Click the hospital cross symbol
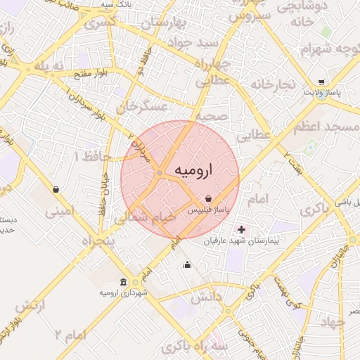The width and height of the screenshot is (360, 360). pyautogui.click(x=241, y=229)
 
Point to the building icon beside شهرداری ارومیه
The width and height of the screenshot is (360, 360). pyautogui.click(x=124, y=282)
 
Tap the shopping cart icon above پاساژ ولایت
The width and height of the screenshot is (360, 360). pyautogui.click(x=321, y=82)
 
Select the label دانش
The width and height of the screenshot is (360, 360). pyautogui.click(x=206, y=297)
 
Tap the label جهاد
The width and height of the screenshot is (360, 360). pyautogui.click(x=331, y=323)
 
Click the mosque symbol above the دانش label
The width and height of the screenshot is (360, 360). pyautogui.click(x=187, y=265)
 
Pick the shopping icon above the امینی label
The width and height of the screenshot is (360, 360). pyautogui.click(x=56, y=189)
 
